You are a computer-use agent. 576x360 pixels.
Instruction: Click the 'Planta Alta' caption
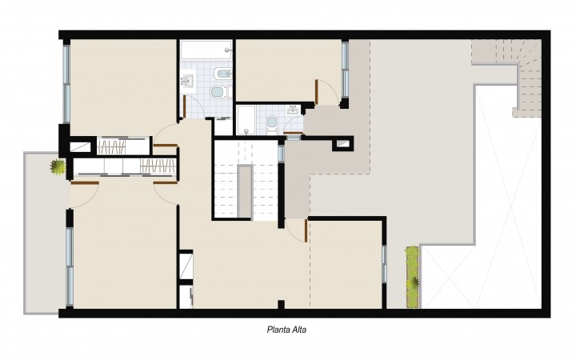(x=286, y=330)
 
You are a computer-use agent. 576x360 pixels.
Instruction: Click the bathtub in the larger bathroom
(x=206, y=50)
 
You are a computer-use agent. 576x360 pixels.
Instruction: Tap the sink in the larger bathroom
(x=188, y=81)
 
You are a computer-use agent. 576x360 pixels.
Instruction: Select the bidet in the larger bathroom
(x=224, y=74)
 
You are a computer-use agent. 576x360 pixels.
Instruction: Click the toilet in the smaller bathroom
(x=272, y=122)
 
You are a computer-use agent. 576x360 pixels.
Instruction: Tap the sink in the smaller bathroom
(x=293, y=110)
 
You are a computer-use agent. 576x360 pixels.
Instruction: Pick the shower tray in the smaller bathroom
(x=246, y=120)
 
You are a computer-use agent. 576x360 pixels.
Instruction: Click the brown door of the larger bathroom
(x=185, y=106)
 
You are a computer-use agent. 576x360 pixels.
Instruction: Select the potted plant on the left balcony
(x=58, y=167)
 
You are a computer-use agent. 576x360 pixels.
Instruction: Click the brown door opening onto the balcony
(x=85, y=182)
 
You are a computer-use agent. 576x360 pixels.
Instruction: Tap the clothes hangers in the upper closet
(x=112, y=146)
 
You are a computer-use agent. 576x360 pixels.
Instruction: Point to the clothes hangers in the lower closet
(x=158, y=166)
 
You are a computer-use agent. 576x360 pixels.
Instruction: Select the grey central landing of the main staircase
(x=245, y=191)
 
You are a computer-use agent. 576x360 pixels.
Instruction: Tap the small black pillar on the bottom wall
(x=281, y=305)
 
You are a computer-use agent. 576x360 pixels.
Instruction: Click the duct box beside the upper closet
(x=81, y=146)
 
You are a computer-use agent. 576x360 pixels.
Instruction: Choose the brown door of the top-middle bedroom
(x=316, y=92)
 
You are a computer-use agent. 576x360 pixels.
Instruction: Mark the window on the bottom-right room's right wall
(x=384, y=264)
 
